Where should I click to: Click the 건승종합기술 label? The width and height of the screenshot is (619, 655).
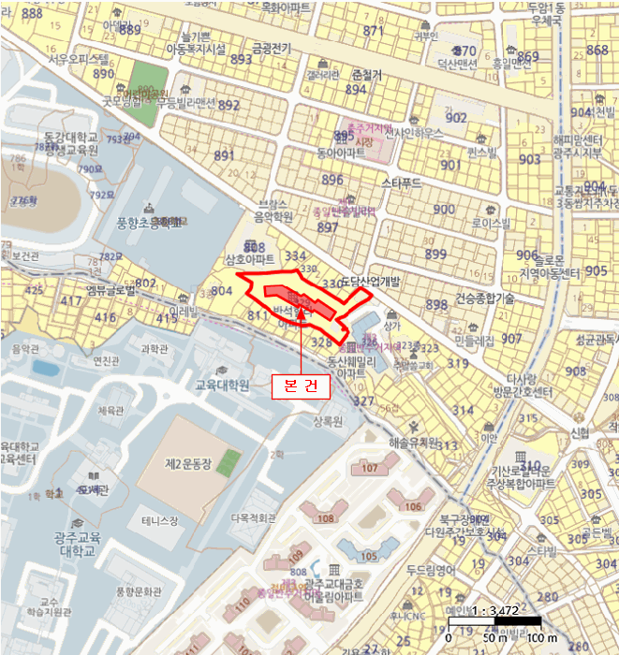point(485,298)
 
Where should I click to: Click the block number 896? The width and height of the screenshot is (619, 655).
point(332,180)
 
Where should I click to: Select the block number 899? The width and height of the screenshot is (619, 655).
point(435,255)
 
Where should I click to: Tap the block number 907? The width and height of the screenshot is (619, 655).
point(511,339)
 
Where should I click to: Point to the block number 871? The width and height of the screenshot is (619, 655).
point(375,31)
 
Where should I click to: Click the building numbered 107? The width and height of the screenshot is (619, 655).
point(368,467)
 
